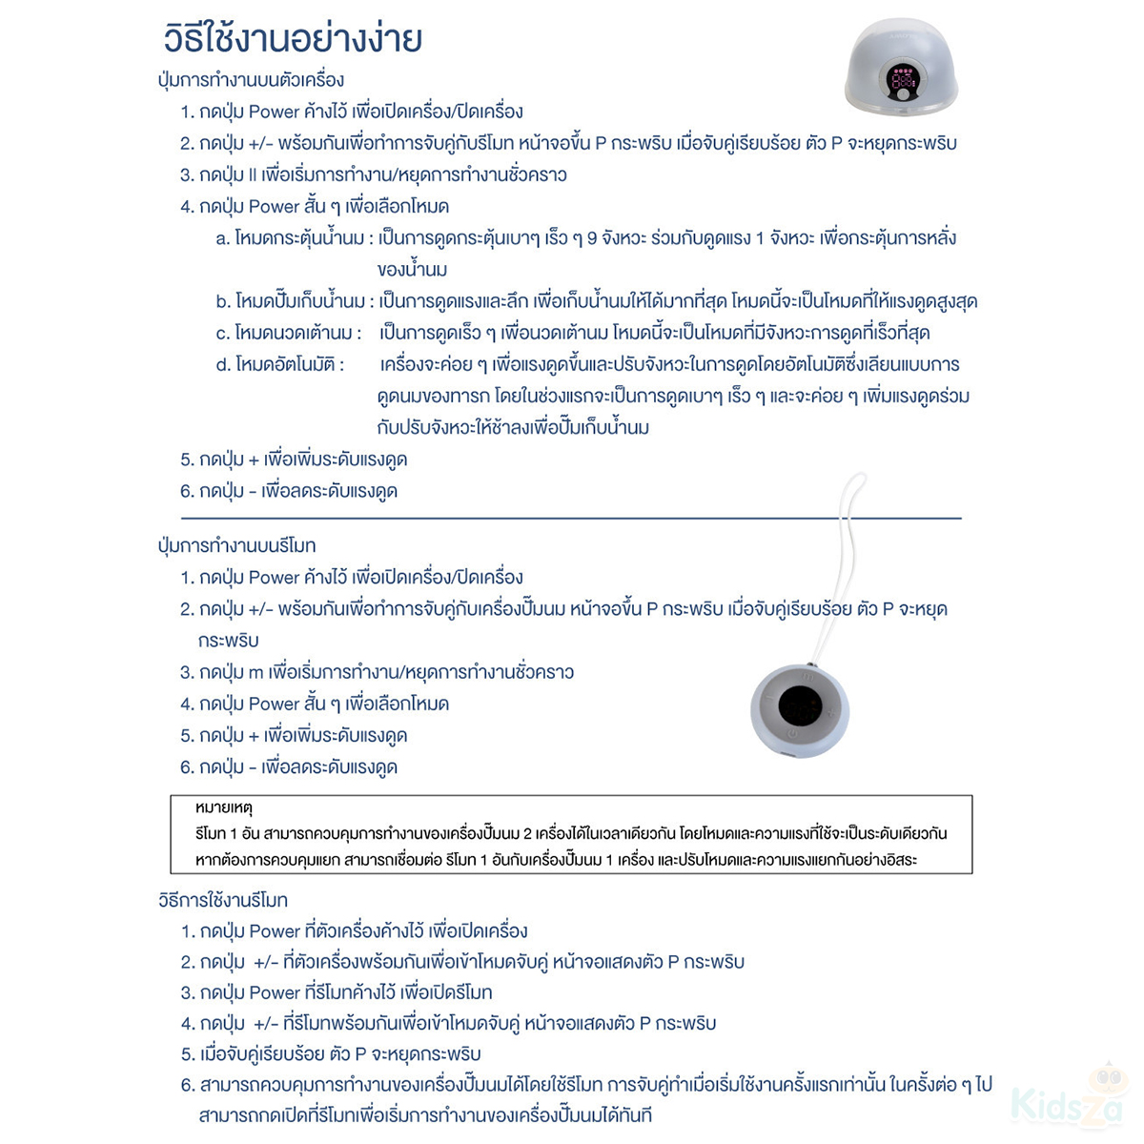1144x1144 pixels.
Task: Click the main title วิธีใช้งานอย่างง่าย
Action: pos(294,39)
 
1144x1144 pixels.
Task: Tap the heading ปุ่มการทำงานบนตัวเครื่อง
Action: pos(251,80)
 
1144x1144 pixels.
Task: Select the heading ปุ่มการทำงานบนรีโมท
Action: pos(236,546)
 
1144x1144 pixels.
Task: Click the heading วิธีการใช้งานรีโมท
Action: pos(222,900)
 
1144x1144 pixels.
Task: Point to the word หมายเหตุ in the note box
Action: pos(224,808)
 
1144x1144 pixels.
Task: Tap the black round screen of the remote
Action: pos(800,705)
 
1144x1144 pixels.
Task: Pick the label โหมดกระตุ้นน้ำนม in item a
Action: pos(302,238)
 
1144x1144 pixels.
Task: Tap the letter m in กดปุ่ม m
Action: pos(255,673)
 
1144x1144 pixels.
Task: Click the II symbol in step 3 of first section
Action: pos(253,175)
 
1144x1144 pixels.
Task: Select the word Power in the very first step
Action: pos(274,112)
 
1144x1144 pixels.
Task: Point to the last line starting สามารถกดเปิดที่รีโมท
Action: pos(425,1115)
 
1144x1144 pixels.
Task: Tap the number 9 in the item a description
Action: pos(592,238)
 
